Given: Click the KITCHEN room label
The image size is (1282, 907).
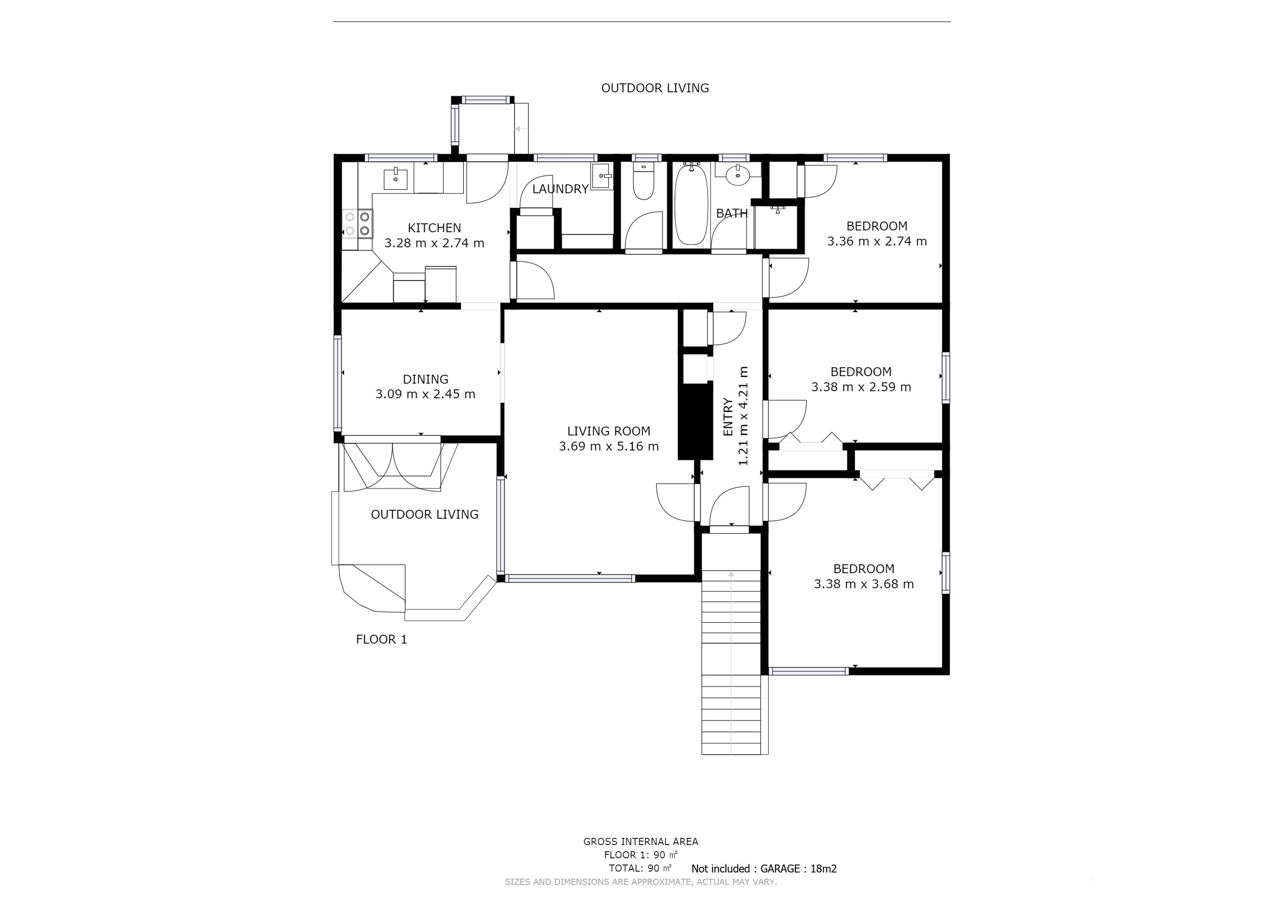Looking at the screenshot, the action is pos(434,228).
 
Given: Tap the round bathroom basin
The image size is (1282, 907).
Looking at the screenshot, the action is pos(738,175).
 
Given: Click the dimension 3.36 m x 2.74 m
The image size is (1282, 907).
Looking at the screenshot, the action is pos(877,241).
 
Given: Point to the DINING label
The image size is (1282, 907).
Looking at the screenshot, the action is pos(425,379).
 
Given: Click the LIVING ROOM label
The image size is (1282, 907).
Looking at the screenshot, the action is pos(609,431).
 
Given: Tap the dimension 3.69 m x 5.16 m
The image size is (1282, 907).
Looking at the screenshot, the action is pos(609,446).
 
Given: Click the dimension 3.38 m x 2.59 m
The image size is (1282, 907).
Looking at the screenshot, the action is pos(861,387).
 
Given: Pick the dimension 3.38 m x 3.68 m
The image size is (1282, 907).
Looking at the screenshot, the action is pos(864,584).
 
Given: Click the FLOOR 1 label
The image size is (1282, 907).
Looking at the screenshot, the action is pos(381,640).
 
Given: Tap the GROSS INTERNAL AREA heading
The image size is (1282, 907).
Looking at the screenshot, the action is pos(640,842).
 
